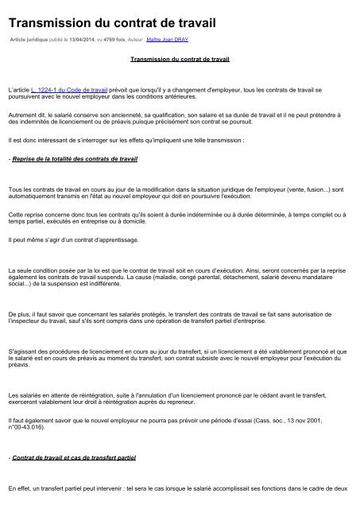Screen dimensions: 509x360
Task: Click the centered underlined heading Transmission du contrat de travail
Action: [x=179, y=59]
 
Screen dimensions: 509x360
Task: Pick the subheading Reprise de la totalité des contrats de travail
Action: [x=73, y=159]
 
